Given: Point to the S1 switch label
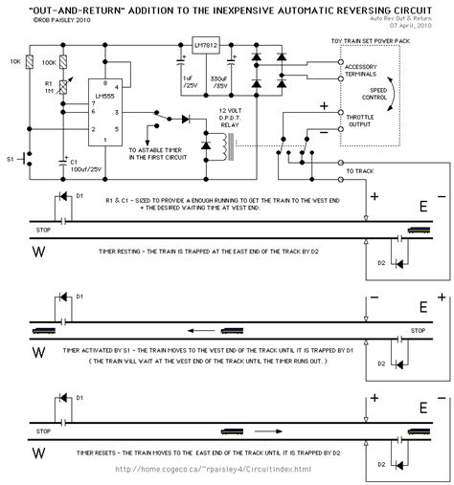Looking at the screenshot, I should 12,154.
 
